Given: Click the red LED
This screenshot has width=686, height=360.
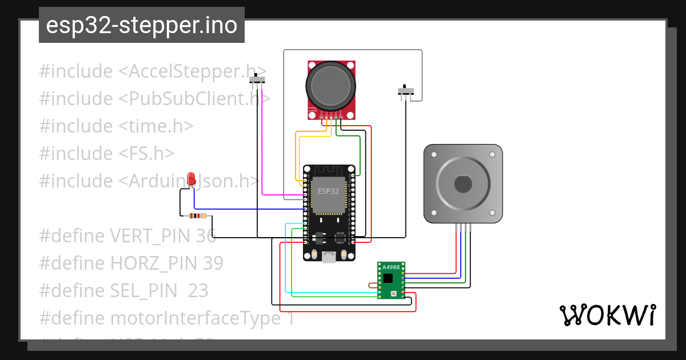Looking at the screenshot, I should tap(192, 178).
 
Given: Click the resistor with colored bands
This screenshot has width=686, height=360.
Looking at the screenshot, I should tap(197, 215).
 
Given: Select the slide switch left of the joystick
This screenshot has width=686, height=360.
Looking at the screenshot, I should tap(258, 79).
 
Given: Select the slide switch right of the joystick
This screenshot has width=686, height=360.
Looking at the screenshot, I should tap(406, 91).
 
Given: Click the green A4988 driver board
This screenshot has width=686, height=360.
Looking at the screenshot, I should tap(391, 280).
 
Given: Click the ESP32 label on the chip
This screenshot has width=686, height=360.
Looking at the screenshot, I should tap(328, 191).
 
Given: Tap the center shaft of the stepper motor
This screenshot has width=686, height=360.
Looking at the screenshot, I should tap(463, 185).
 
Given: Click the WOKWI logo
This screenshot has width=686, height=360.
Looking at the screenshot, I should tap(607, 315).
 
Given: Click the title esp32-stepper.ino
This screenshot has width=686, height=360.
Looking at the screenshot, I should tap(141, 25).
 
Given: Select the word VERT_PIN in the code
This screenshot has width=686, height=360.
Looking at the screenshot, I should tap(149, 235).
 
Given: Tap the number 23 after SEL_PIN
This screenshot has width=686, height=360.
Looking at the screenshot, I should tap(198, 290).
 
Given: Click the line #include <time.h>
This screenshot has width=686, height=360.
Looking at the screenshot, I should tap(116, 126).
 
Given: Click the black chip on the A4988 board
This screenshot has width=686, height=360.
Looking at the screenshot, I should tap(388, 278).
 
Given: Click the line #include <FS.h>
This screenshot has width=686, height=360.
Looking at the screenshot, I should tap(107, 153).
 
